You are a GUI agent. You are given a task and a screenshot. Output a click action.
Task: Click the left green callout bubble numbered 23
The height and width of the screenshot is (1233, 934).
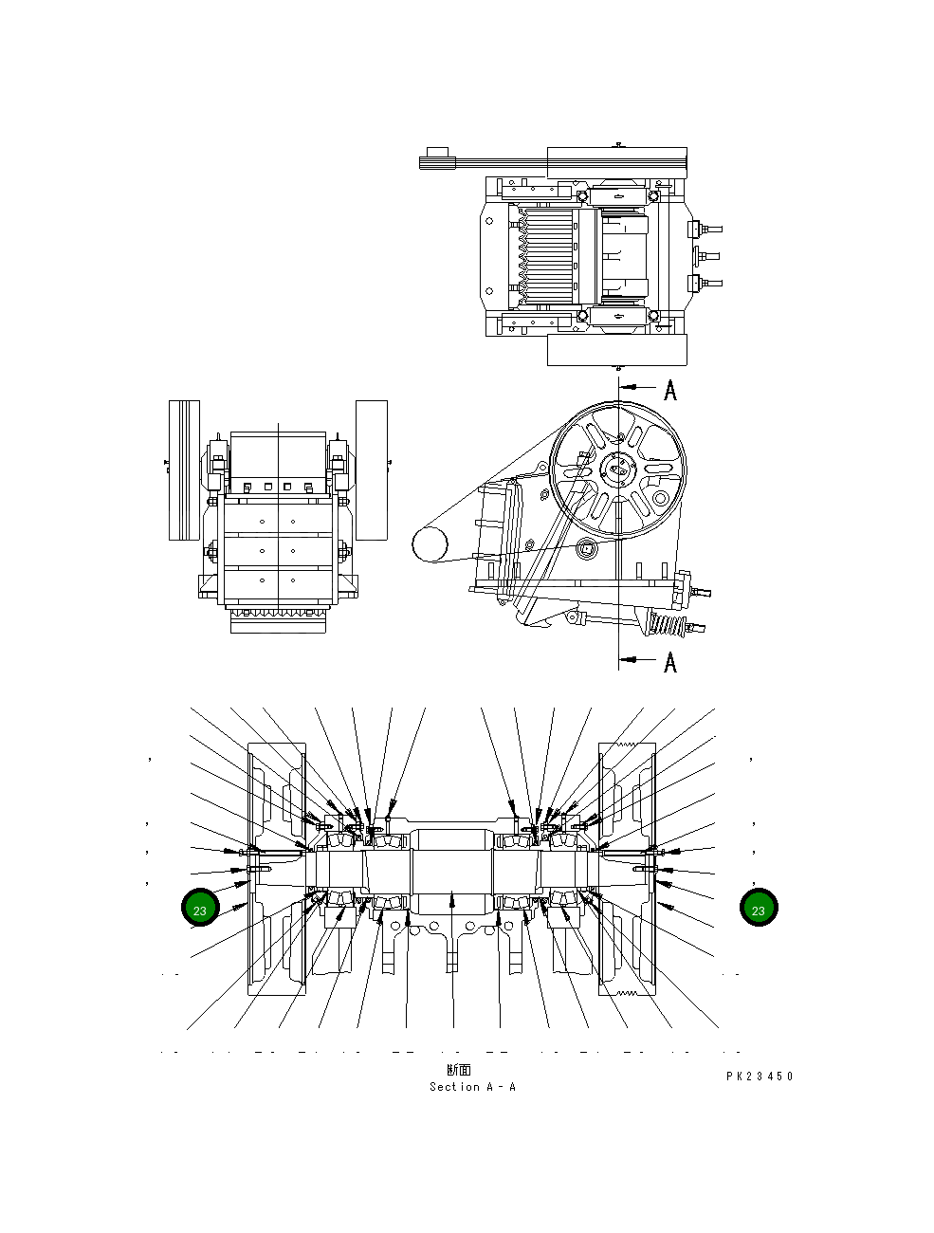coord(200,909)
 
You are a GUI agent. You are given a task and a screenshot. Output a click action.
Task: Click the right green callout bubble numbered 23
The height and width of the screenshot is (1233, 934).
coord(758,909)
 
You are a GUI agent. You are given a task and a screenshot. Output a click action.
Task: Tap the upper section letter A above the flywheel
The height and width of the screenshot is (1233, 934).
coord(670,390)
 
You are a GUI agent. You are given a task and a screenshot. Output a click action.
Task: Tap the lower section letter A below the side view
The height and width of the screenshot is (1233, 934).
coord(670,661)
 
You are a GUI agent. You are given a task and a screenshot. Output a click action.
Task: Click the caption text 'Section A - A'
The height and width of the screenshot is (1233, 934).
coord(472,1087)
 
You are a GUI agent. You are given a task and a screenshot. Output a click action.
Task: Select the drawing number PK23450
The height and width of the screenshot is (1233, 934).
coord(760,1077)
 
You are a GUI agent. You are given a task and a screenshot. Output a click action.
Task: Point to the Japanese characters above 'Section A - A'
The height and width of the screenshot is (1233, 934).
coord(459,1071)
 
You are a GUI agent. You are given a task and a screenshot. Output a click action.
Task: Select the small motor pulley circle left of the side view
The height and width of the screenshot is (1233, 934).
coord(429,544)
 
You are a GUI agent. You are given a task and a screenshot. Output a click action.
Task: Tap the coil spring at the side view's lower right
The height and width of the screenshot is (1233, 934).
coord(666,625)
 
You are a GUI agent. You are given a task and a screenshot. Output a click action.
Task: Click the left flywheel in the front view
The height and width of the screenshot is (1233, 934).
coord(184,469)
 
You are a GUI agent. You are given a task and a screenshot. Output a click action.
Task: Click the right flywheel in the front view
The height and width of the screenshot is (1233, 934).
coord(371,469)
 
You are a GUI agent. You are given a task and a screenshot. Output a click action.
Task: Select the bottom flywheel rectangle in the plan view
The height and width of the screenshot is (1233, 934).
coord(616,349)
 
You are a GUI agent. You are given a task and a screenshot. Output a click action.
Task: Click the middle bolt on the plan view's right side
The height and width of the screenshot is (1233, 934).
coord(705,255)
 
